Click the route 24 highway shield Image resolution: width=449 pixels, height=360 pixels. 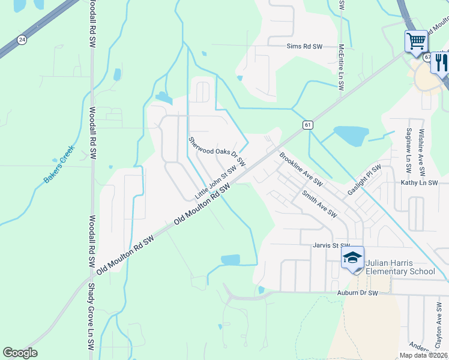click(x=22, y=40)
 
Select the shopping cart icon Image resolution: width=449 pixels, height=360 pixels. click(x=416, y=42)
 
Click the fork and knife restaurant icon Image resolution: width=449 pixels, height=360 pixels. click(x=441, y=62)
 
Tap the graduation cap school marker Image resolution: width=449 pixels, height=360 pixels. click(x=352, y=259)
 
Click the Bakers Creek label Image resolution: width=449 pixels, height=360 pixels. click(x=59, y=164)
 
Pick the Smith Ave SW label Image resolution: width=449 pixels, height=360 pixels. click(x=319, y=204)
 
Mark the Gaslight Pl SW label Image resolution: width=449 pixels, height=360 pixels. click(x=364, y=180)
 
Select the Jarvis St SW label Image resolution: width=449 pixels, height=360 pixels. click(x=331, y=245)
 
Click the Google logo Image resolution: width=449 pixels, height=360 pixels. click(x=20, y=353)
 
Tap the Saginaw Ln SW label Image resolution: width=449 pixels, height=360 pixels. click(x=408, y=148)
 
